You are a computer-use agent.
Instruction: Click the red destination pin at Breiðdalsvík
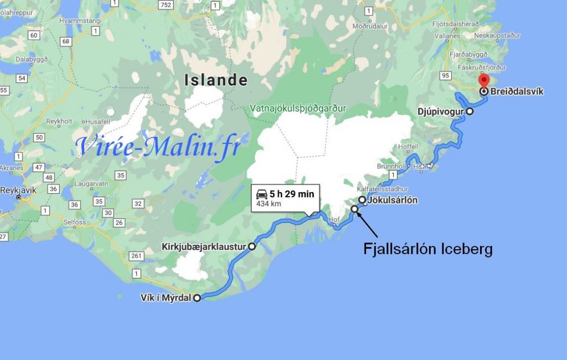click(x=484, y=83)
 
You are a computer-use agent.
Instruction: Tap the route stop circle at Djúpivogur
click(x=470, y=111)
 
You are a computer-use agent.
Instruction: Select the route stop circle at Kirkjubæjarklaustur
click(x=252, y=246)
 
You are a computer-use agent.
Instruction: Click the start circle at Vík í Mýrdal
click(x=197, y=298)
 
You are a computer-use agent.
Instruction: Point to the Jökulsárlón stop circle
click(x=362, y=200)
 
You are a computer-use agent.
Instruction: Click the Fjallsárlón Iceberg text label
click(x=427, y=249)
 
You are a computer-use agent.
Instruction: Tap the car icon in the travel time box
click(x=261, y=194)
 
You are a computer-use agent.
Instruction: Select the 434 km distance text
click(x=266, y=204)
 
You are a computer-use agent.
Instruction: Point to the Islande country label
click(x=216, y=80)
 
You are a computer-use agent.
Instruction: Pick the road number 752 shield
click(x=164, y=4)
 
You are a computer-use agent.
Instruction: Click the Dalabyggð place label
click(x=32, y=59)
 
